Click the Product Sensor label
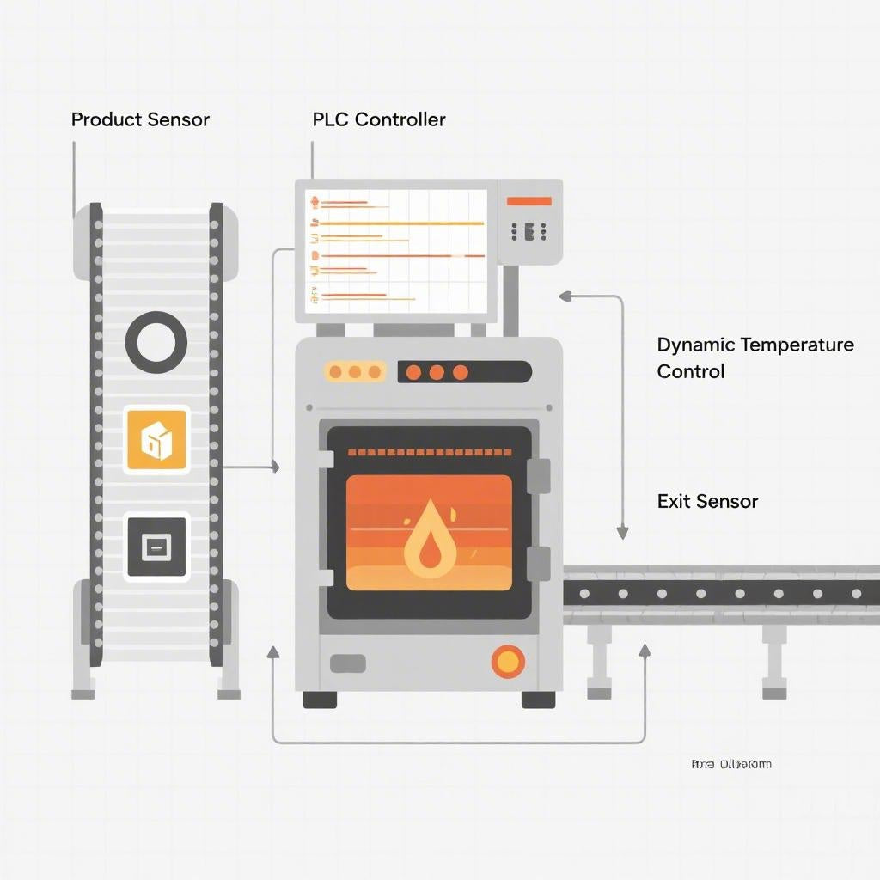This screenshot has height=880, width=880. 140,119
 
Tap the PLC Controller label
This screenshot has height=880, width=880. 379,119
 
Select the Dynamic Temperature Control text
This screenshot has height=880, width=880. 755,357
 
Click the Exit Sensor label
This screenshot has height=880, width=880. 707,501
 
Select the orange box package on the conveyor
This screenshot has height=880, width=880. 156,439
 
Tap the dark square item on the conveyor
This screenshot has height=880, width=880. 156,547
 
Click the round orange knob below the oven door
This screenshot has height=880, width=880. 508,661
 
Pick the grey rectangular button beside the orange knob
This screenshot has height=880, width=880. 347,663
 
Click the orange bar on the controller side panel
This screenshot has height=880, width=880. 529,201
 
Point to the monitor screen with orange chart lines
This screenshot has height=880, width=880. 396,251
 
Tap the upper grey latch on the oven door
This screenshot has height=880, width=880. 538,475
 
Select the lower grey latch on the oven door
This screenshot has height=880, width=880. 538,563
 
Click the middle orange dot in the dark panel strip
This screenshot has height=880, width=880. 437,372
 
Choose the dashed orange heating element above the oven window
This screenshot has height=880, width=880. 429,451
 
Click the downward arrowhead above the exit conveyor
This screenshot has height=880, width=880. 622,533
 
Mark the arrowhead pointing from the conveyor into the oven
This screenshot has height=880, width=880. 275,467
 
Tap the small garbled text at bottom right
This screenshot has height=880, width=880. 730,764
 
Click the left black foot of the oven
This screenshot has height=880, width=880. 320,700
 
